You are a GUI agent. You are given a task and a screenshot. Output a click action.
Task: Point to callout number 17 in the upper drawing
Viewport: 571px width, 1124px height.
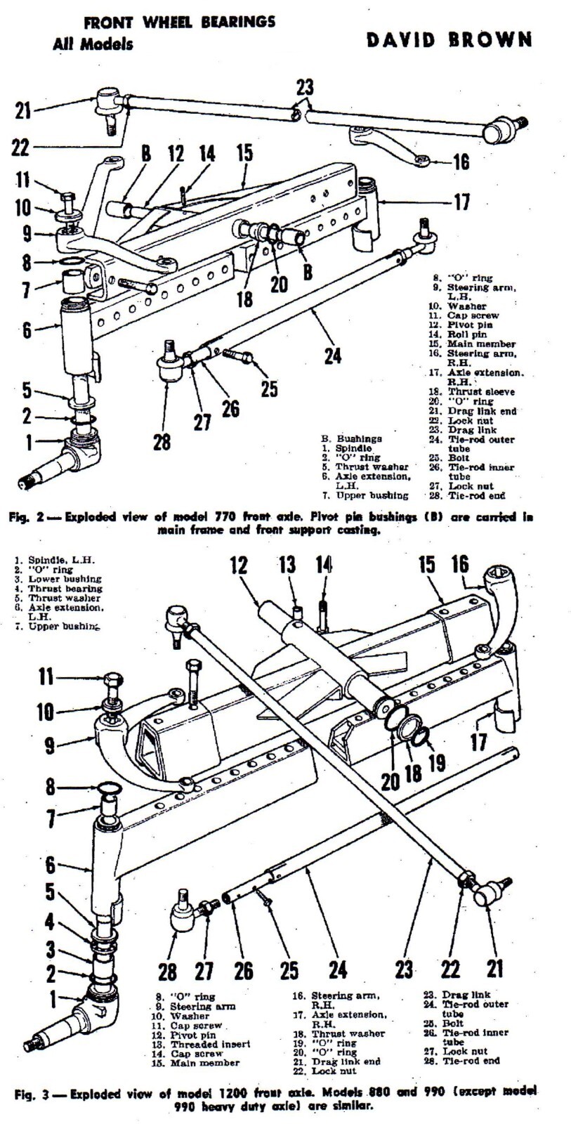461,202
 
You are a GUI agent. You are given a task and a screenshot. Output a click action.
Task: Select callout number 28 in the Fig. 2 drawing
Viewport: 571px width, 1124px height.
162,442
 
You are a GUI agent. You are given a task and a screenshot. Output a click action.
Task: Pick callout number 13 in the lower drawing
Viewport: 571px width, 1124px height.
289,564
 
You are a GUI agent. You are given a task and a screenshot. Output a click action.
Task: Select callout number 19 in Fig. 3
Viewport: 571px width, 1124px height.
437,762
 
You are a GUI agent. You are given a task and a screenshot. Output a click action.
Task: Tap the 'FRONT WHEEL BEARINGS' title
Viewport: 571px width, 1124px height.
179,22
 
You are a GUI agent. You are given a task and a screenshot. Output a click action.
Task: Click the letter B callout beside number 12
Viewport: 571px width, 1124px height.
145,155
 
